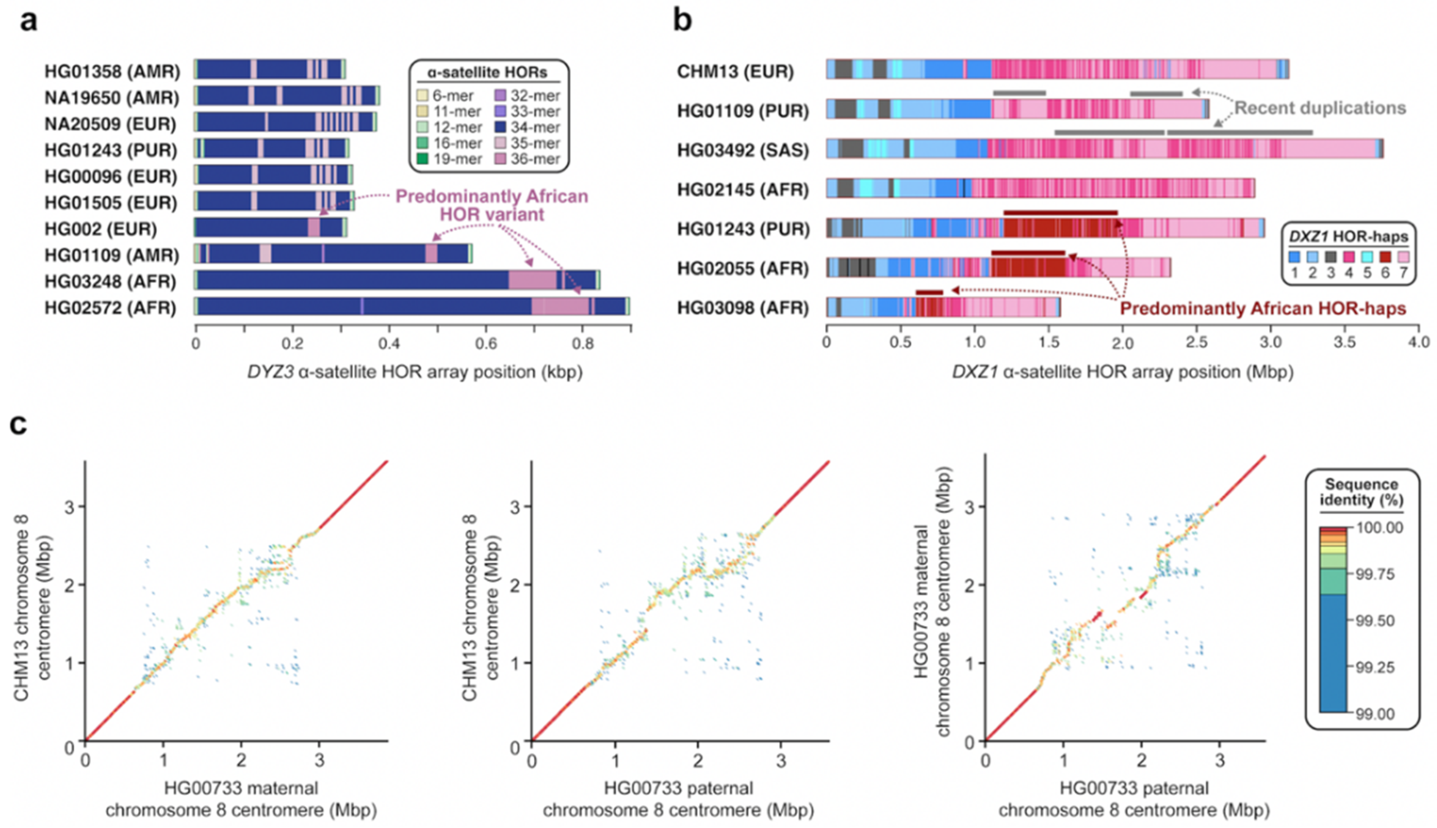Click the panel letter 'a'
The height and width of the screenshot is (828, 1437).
pyautogui.click(x=28, y=22)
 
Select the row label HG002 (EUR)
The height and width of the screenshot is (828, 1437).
pyautogui.click(x=101, y=229)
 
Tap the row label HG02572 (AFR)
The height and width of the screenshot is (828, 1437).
pyautogui.click(x=111, y=308)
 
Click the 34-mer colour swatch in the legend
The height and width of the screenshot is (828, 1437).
pyautogui.click(x=500, y=127)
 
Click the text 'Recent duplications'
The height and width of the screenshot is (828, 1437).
pyautogui.click(x=1320, y=108)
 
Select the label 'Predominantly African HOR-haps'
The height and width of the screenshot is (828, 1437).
pyautogui.click(x=1263, y=309)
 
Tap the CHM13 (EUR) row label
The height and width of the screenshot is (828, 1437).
pyautogui.click(x=735, y=71)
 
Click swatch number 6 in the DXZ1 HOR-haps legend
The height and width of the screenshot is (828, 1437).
pyautogui.click(x=1385, y=257)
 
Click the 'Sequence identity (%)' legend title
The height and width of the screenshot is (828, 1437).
pyautogui.click(x=1361, y=492)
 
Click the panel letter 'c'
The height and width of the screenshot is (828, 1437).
pyautogui.click(x=19, y=424)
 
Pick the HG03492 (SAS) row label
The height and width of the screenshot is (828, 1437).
pyautogui.click(x=743, y=150)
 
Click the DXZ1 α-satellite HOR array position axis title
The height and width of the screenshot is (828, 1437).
pyautogui.click(x=1122, y=372)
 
